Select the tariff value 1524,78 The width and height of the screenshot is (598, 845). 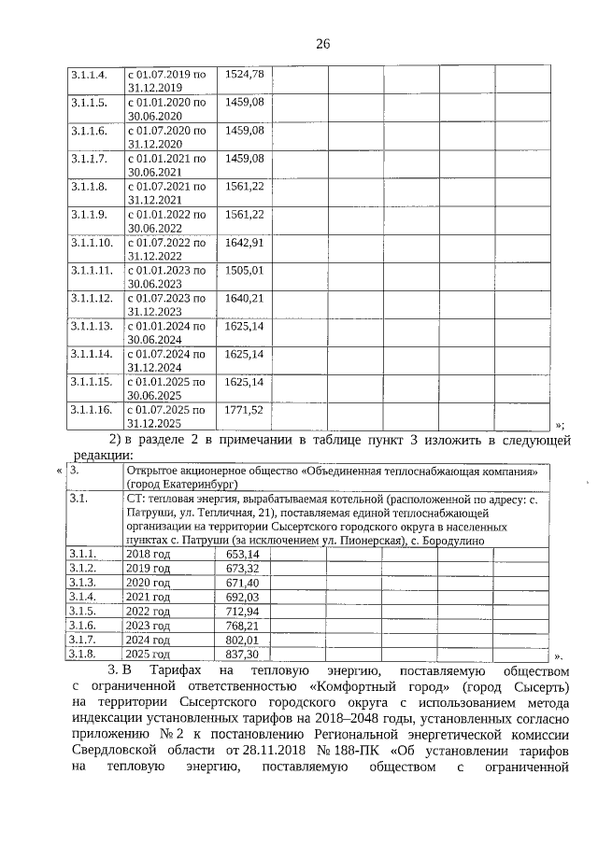pos(245,74)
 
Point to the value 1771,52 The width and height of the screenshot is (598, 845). pos(244,410)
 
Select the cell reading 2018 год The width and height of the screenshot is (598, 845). pos(149,554)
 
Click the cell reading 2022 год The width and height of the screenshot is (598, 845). pos(149,611)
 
